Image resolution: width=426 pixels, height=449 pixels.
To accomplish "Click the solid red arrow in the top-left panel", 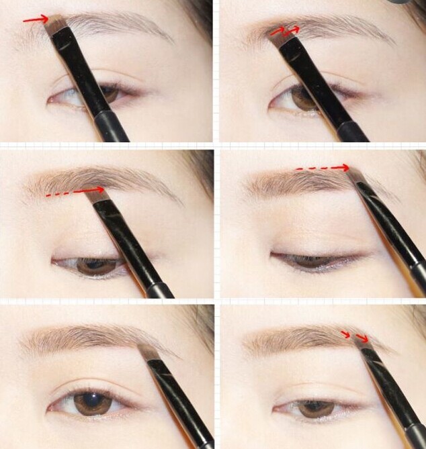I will coord(34,20).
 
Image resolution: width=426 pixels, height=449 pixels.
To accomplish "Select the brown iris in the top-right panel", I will coord(306,99).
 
